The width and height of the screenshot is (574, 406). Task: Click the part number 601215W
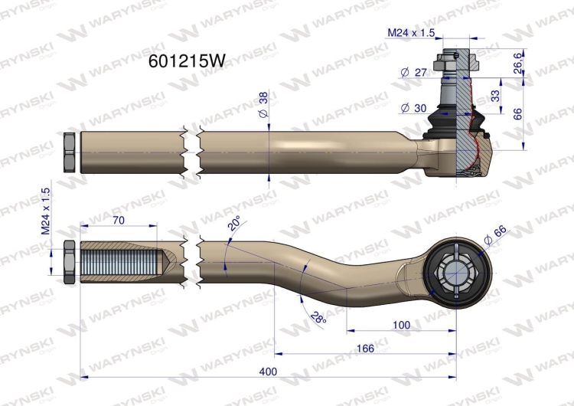(187, 61)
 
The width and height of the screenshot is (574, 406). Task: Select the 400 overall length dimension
(268, 372)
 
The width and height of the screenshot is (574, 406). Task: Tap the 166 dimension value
(365, 348)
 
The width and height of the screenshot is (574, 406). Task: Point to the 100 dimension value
(401, 325)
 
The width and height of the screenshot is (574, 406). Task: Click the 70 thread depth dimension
(119, 220)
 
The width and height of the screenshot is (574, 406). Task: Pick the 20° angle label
(234, 223)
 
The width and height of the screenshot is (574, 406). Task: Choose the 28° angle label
(318, 317)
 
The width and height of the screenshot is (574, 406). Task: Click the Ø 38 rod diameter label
(263, 104)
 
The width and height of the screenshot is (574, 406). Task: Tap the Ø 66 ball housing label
(495, 235)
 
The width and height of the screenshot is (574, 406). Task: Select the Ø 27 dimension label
(414, 72)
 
